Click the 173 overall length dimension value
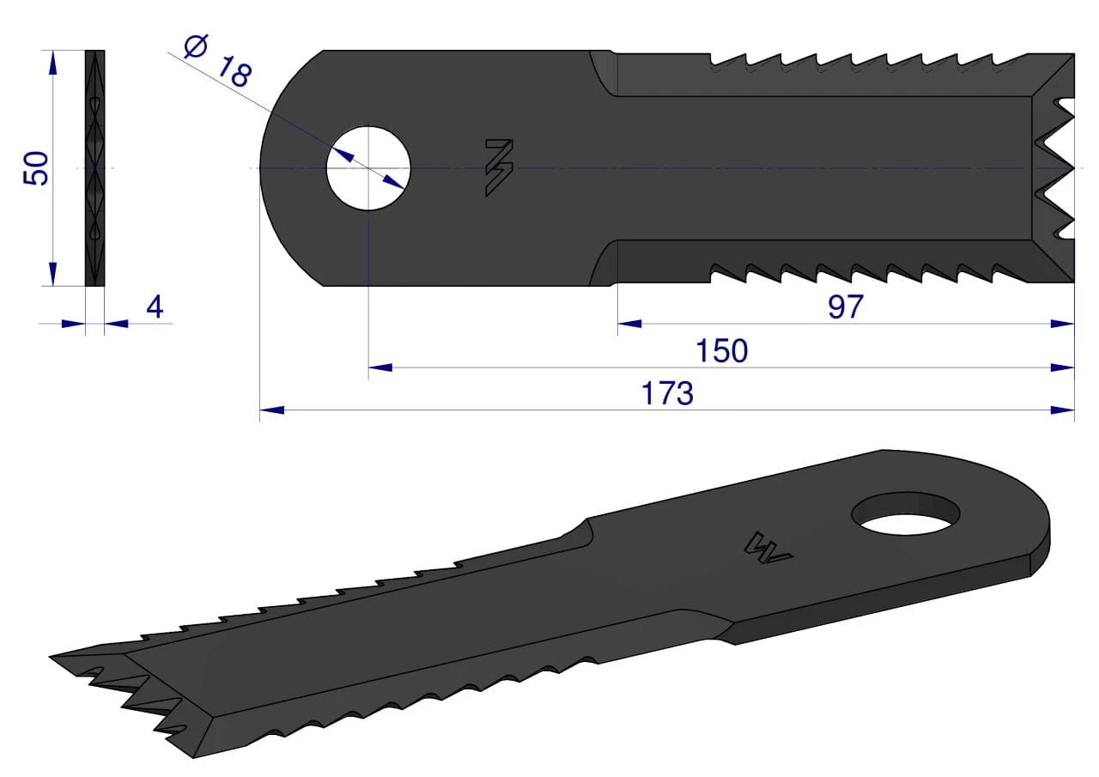tap(667, 393)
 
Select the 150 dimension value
tap(722, 351)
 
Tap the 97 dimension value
tap(846, 307)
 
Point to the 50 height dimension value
tap(36, 168)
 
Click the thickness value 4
tap(155, 307)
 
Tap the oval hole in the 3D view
tap(906, 513)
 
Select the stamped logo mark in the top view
tap(499, 167)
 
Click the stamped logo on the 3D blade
tap(768, 549)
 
